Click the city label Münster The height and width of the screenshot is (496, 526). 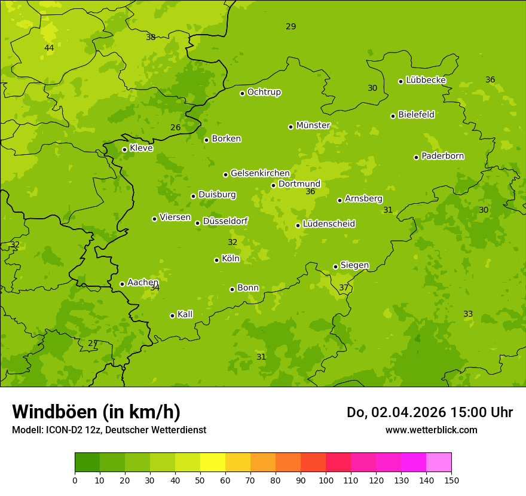pos(313,125)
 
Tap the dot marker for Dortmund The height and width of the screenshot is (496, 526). pos(274,185)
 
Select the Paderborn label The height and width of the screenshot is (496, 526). pos(442,156)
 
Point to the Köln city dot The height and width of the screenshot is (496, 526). pos(216,260)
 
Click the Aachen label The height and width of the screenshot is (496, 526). pos(143,282)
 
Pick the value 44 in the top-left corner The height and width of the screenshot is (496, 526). pos(49,48)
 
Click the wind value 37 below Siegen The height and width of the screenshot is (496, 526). pos(344,287)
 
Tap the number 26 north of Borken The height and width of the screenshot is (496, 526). pos(175,127)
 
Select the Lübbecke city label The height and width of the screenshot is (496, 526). pos(426,80)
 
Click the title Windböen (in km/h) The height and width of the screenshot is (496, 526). pos(96,412)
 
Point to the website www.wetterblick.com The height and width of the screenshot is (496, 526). pos(431,430)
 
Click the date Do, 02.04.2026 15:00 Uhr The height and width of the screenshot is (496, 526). pos(430,412)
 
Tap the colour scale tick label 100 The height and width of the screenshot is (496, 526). pos(326,480)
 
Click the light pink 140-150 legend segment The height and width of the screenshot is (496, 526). pos(439,463)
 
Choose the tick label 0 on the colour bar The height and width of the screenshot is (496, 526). pos(75,480)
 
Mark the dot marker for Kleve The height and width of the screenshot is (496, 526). pos(124,150)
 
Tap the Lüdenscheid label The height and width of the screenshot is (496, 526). pos(329,224)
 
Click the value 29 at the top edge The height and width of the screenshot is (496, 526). pos(290,26)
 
